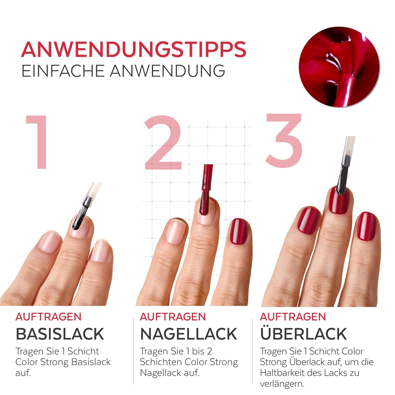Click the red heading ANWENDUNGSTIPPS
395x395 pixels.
click(x=134, y=49)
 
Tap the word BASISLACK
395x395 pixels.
click(x=60, y=334)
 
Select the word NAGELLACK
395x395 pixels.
click(x=189, y=334)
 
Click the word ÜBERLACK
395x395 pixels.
click(x=303, y=332)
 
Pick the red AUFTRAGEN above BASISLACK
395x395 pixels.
click(x=48, y=317)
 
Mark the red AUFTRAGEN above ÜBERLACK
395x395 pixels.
click(x=293, y=317)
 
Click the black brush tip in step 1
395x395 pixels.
click(x=79, y=218)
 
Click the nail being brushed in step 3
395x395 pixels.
click(x=339, y=201)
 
